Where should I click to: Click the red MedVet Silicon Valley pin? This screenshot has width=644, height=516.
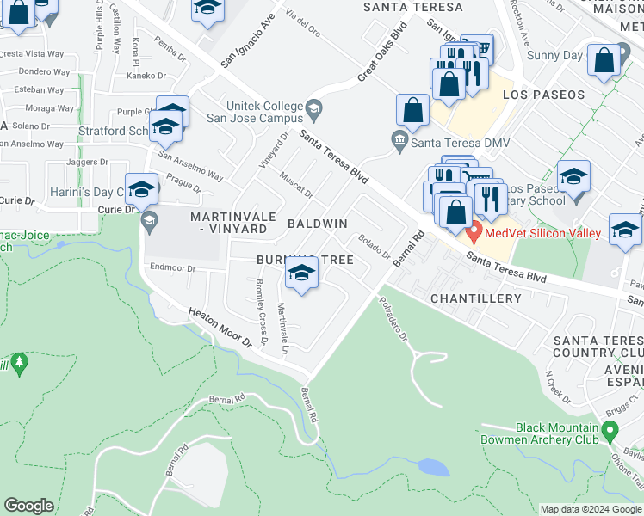(x=473, y=231)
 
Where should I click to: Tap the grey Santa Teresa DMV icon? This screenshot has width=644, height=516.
(x=399, y=138)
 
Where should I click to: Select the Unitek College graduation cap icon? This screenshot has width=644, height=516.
(x=313, y=109)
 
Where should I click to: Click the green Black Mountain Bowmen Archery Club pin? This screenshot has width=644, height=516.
(x=610, y=428)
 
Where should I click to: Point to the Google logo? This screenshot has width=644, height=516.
(x=29, y=506)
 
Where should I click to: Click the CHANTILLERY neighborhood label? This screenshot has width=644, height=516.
(x=476, y=298)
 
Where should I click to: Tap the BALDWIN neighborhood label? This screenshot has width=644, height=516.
(x=317, y=224)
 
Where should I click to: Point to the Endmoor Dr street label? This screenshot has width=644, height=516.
(x=173, y=268)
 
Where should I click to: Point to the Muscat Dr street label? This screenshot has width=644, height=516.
(x=295, y=182)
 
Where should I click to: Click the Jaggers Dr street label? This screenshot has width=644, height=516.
(x=87, y=162)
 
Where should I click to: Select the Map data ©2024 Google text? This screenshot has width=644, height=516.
(x=591, y=509)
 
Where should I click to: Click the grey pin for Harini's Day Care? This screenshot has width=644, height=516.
(x=149, y=221)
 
